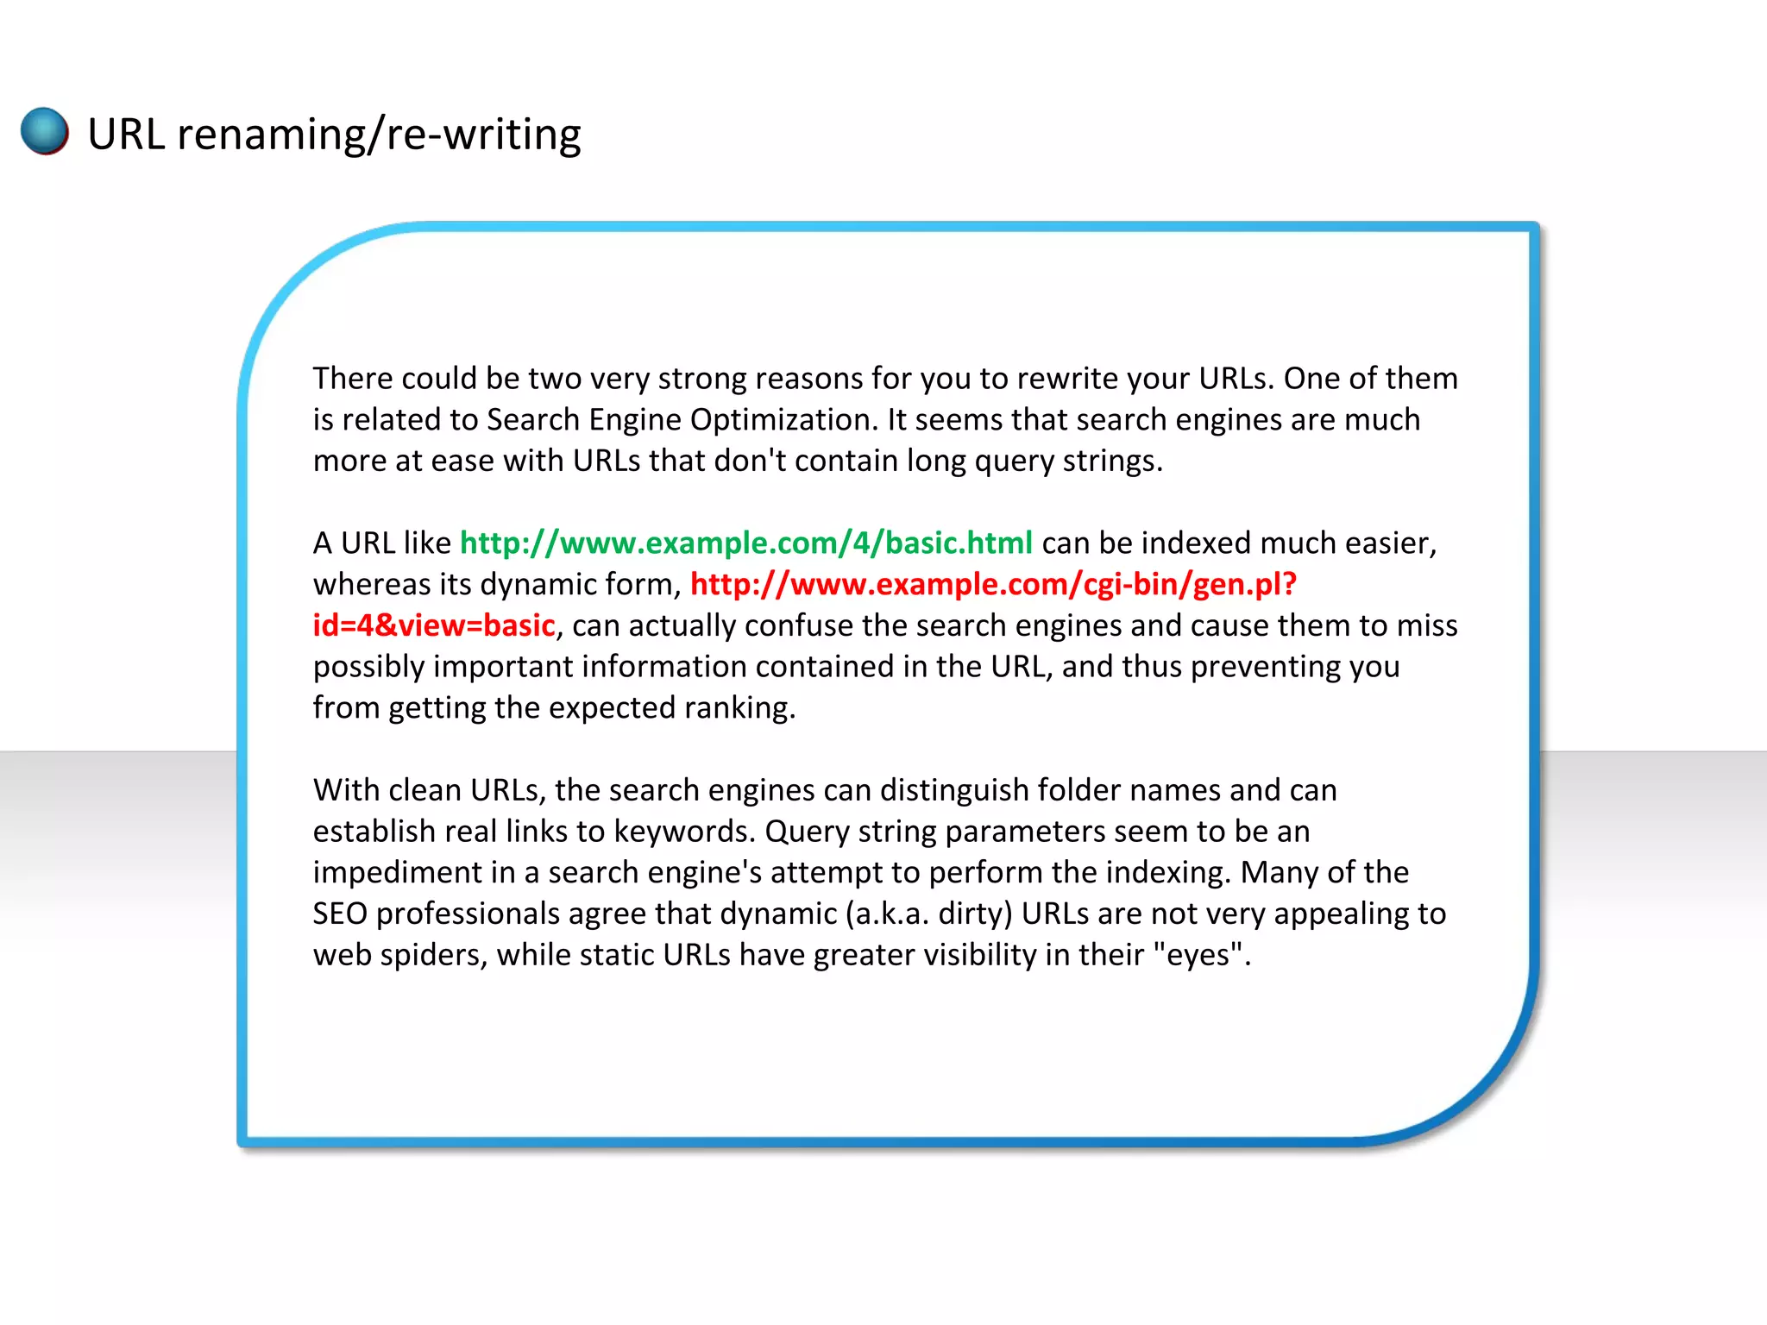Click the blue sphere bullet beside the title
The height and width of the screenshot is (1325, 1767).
coord(45,131)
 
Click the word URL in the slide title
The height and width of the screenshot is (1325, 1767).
coord(126,135)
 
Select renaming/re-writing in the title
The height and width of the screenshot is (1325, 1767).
coord(379,135)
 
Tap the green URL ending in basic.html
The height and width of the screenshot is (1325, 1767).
coord(745,543)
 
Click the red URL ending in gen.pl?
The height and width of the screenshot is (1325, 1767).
coord(993,584)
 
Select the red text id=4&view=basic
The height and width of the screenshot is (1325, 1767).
coord(433,625)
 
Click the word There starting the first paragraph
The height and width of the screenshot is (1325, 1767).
coord(352,378)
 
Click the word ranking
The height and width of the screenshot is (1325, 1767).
coord(739,707)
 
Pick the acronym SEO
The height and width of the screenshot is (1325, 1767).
coord(340,914)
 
